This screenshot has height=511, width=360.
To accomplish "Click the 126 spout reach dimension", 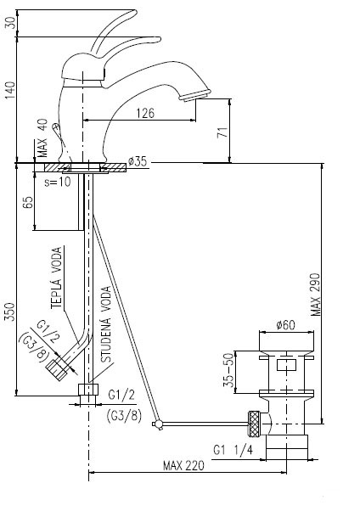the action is [x=145, y=113].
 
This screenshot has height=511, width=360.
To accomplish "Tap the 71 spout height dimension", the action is [x=223, y=132].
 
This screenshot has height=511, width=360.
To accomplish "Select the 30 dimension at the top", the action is [x=11, y=22].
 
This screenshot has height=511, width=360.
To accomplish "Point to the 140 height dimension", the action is [x=11, y=90].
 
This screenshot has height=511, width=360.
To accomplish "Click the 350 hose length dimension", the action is [x=10, y=312].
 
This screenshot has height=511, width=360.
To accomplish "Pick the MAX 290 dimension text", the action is [x=315, y=295].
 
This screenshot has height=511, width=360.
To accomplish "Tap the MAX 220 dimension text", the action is [x=183, y=465].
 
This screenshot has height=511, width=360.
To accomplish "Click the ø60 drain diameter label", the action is [x=285, y=324].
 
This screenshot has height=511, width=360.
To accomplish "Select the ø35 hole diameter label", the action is [x=138, y=161].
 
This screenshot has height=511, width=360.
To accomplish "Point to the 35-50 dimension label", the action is [x=229, y=370].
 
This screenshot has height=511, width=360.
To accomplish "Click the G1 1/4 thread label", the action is [x=233, y=450].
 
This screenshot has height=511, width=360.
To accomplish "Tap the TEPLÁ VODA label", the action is [x=56, y=278].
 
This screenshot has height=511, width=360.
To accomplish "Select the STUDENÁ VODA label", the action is [x=106, y=324].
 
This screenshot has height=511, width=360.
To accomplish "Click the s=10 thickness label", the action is [x=58, y=182].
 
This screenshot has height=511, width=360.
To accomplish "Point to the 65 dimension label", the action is [x=28, y=202].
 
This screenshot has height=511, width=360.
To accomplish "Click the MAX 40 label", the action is [x=42, y=138].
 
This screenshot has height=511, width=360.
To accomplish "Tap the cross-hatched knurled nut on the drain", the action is [x=255, y=424].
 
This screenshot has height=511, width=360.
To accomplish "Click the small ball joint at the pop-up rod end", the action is [x=158, y=424].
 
